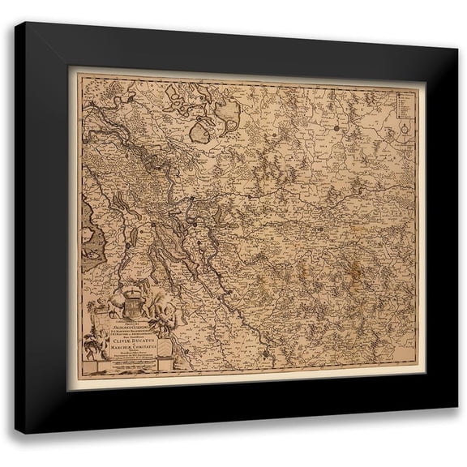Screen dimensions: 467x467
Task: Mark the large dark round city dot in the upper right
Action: pyautogui.click(x=334, y=128)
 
